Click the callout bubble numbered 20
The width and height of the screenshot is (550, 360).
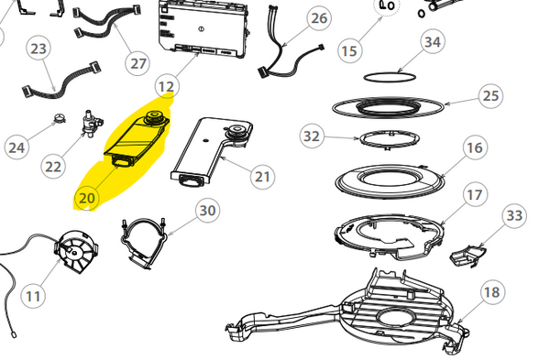pyautogui.click(x=87, y=198)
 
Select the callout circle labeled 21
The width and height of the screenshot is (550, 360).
pyautogui.click(x=263, y=177)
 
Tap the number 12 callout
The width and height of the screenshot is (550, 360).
pyautogui.click(x=167, y=86)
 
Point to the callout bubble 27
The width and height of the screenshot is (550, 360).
pyautogui.click(x=138, y=63)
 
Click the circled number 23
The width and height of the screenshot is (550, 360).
pyautogui.click(x=38, y=49)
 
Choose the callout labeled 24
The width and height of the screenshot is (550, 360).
pyautogui.click(x=16, y=147)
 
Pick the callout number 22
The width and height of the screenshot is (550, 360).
pyautogui.click(x=53, y=167)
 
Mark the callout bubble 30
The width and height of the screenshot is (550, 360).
pyautogui.click(x=208, y=211)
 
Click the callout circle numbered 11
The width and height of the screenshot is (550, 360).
pyautogui.click(x=33, y=296)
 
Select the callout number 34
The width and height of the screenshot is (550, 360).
pyautogui.click(x=433, y=42)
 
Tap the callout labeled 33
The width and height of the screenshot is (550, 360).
pyautogui.click(x=514, y=215)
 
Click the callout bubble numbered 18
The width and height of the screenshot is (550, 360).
pyautogui.click(x=491, y=291)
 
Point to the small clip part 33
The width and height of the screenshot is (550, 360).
pyautogui.click(x=467, y=256)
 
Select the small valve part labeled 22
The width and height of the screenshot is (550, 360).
pyautogui.click(x=92, y=124)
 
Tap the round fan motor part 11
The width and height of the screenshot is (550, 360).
pyautogui.click(x=77, y=251)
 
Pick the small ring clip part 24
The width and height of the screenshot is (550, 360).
pyautogui.click(x=60, y=119)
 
